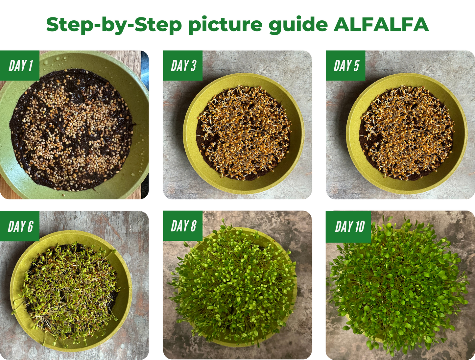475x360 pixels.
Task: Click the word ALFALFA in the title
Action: [x=381, y=24]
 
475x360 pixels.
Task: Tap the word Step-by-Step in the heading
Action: [x=114, y=25]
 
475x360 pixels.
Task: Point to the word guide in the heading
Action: [x=298, y=25]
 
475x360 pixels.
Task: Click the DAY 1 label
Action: [x=21, y=65]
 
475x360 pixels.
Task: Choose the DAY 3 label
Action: [x=183, y=65]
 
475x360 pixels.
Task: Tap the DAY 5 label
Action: [x=346, y=65]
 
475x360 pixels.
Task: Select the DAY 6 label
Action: [x=20, y=226]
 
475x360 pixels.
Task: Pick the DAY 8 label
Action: [x=183, y=226]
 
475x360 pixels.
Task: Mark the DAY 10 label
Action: [x=350, y=227]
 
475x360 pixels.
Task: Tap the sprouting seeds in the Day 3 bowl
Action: [x=244, y=132]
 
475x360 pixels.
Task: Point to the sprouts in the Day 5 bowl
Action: [x=407, y=132]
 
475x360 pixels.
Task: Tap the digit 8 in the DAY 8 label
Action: [x=193, y=226]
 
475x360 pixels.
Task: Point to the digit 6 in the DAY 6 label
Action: [x=30, y=226]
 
